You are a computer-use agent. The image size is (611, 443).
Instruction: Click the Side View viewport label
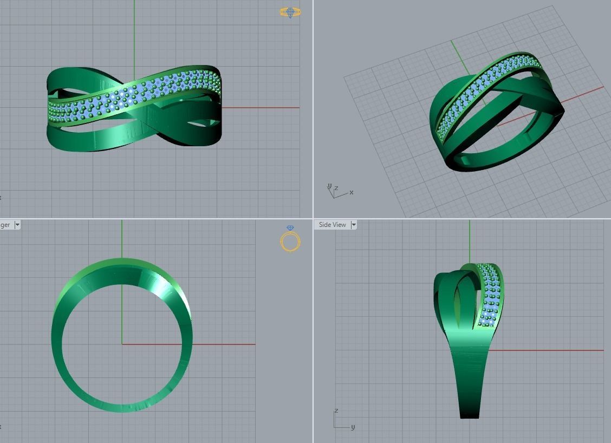click(x=332, y=225)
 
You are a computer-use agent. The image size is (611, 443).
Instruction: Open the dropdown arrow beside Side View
click(x=354, y=225)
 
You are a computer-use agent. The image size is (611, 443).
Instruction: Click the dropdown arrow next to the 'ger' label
click(x=17, y=225)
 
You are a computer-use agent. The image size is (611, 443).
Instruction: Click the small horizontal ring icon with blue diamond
click(x=290, y=12)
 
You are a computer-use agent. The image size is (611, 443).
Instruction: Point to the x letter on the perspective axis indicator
click(x=352, y=192)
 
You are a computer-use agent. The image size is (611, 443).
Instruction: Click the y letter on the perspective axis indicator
click(x=329, y=186)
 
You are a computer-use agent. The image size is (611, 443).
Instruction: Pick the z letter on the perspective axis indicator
click(x=336, y=188)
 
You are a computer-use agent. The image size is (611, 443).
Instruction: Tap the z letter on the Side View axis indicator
click(x=336, y=411)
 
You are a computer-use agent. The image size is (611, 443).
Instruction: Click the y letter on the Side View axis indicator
click(x=353, y=427)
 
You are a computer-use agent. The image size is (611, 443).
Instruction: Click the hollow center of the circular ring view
click(x=122, y=347)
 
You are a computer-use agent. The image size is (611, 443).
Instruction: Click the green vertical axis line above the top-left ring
click(x=134, y=32)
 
